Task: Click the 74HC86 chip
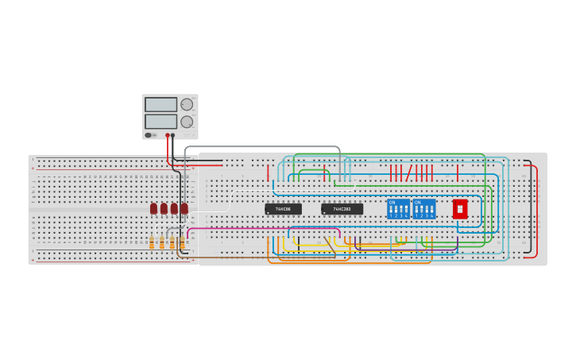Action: (x=283, y=209)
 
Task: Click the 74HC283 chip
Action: (x=342, y=209)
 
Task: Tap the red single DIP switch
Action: (x=460, y=209)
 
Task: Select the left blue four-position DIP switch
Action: (x=398, y=209)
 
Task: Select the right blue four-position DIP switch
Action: (x=424, y=209)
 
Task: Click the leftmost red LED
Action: (x=153, y=208)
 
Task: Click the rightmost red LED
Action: (x=184, y=208)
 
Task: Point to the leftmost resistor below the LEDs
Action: (x=152, y=242)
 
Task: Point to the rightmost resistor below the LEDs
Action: (x=182, y=242)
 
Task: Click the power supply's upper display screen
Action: (x=160, y=105)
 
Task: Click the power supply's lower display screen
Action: (x=160, y=122)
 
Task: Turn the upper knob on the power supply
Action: (x=187, y=104)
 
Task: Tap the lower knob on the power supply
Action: (x=187, y=122)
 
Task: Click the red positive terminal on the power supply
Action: (x=167, y=135)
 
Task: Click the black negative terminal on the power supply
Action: (x=173, y=135)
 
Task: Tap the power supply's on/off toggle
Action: (x=149, y=135)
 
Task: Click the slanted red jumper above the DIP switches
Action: (x=409, y=173)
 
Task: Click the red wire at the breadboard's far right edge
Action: (x=536, y=211)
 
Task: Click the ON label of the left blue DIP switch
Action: (x=392, y=202)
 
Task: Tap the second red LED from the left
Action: (x=164, y=208)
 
